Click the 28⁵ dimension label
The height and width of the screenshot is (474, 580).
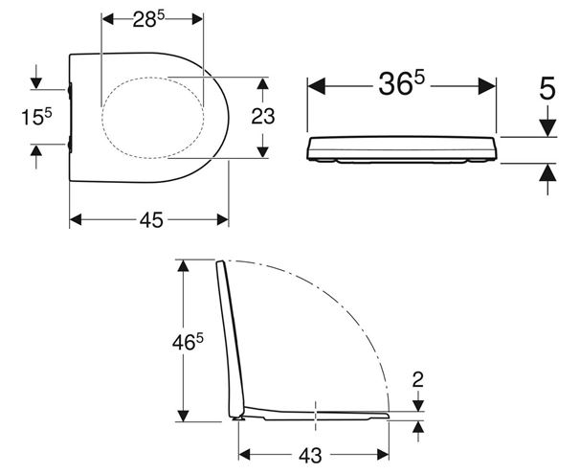pos(148,19)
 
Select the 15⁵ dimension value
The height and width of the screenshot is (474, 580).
pos(36,117)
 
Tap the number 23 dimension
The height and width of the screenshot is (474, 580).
pos(263,117)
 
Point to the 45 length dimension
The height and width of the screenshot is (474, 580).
pos(151,220)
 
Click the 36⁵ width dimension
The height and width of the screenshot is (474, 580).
pos(402,84)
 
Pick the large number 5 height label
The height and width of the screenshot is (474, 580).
pos(547,89)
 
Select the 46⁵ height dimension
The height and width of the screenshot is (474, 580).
pos(188,343)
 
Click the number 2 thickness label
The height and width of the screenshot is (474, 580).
pos(418,379)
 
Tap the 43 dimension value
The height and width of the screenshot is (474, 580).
pos(310,456)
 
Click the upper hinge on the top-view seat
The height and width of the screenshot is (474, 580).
pos(70,91)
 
